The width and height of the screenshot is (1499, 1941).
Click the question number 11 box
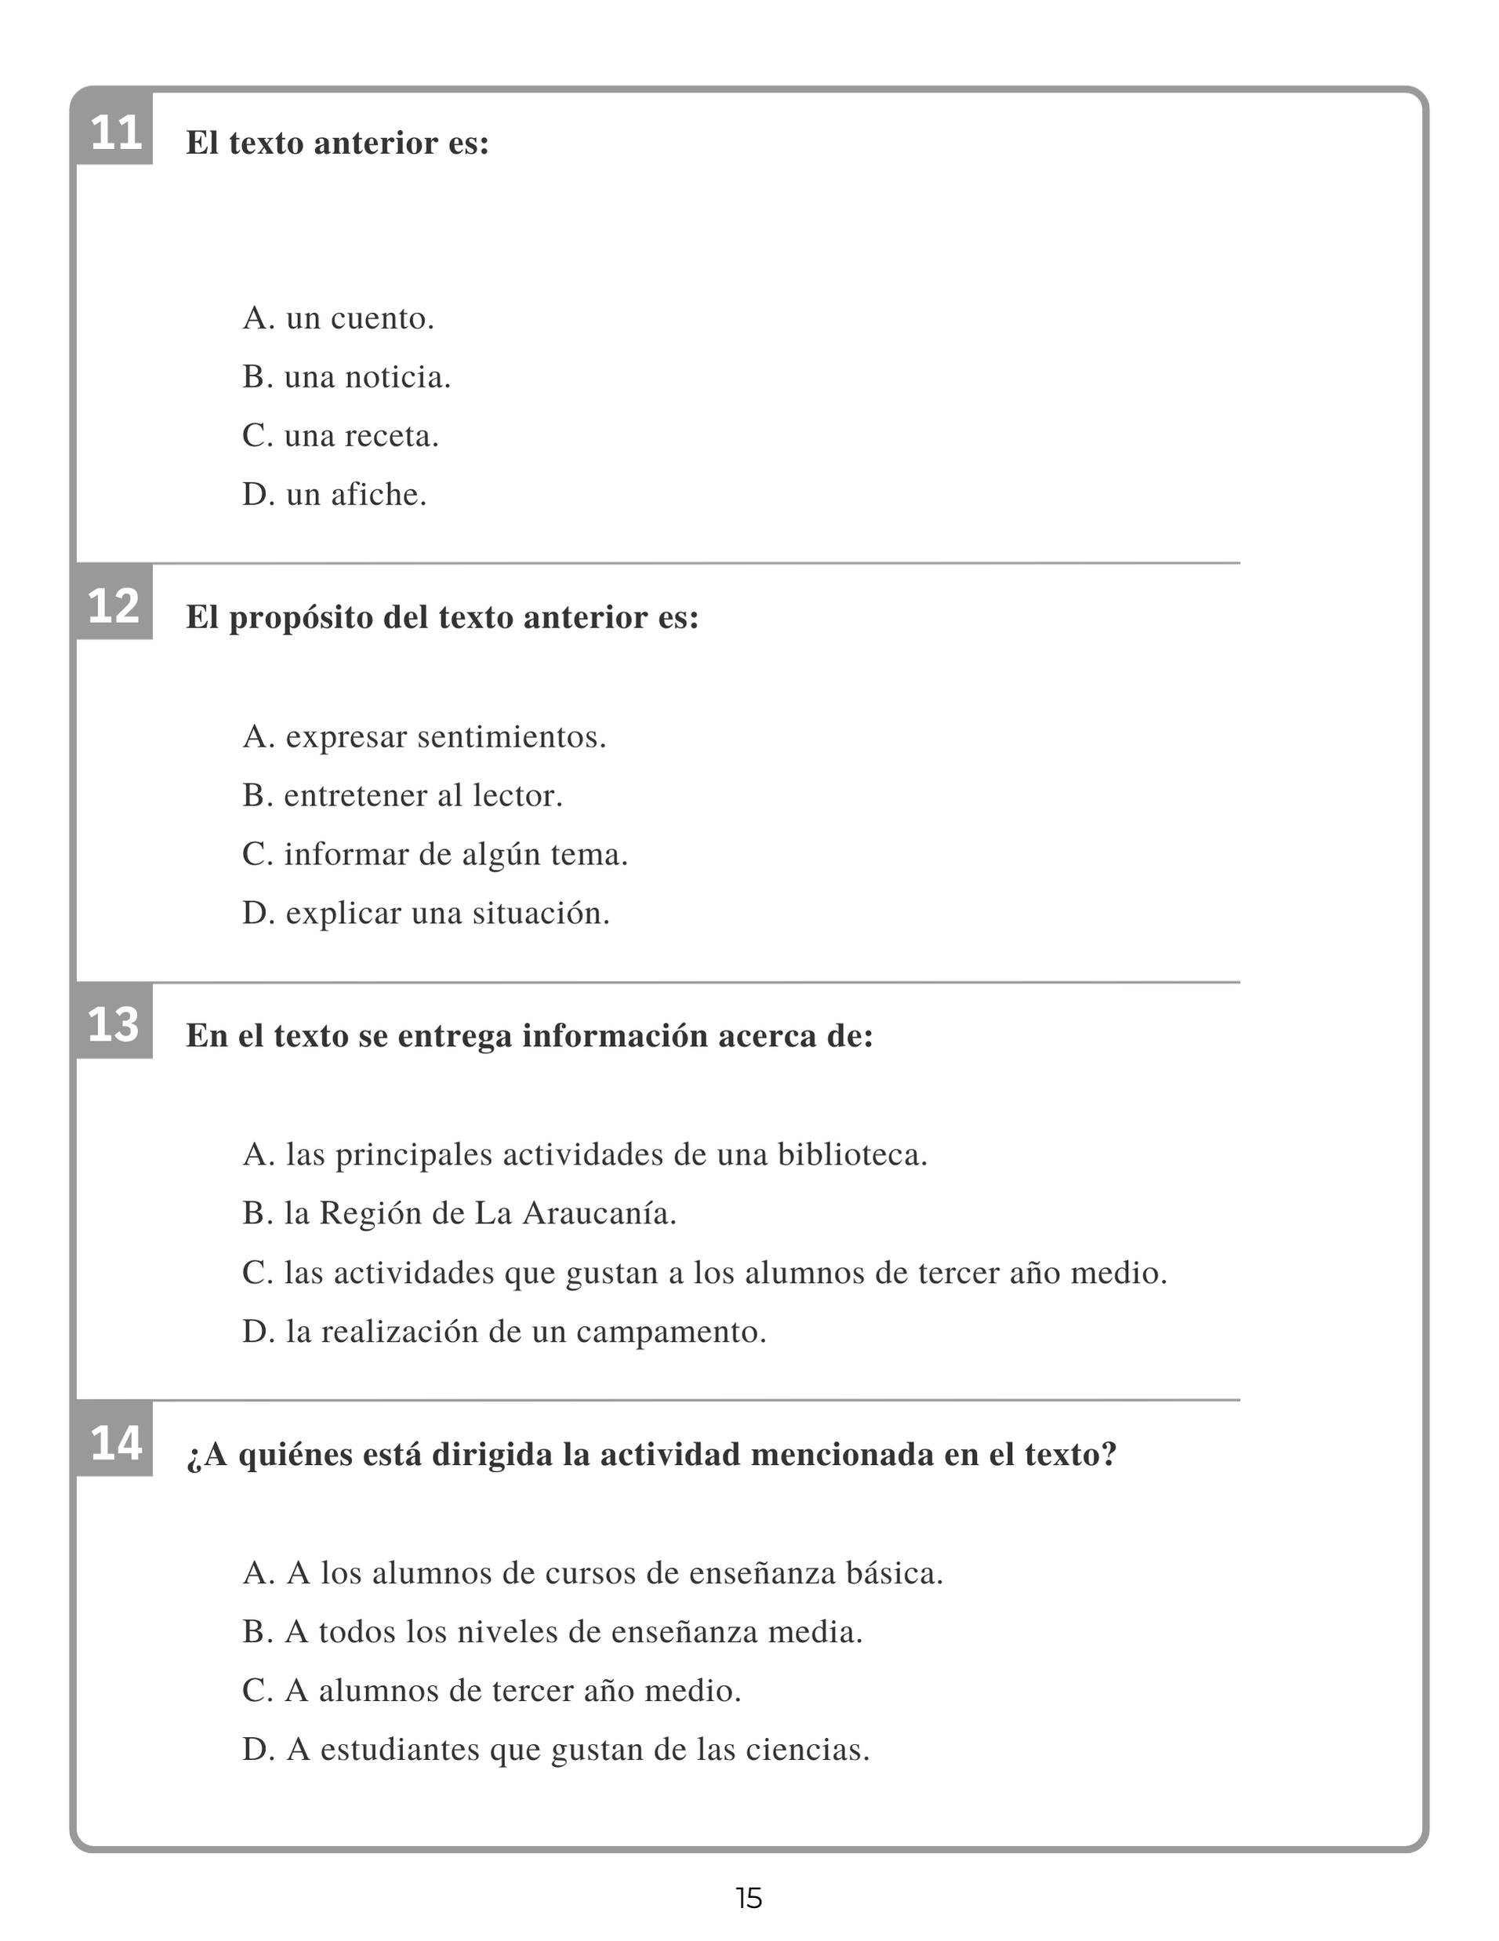114,133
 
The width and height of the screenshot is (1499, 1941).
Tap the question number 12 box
114,606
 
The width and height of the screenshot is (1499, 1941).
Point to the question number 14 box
114,1443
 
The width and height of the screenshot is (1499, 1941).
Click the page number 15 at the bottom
749,1899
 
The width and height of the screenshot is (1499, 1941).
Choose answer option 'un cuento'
338,318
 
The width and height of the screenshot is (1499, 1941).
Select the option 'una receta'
340,436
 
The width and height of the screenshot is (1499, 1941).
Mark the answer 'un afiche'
334,495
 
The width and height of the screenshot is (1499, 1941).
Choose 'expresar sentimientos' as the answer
424,736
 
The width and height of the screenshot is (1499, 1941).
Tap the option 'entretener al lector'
402,795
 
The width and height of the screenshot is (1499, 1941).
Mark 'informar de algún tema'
434,855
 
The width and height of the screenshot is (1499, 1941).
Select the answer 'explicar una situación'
426,914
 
